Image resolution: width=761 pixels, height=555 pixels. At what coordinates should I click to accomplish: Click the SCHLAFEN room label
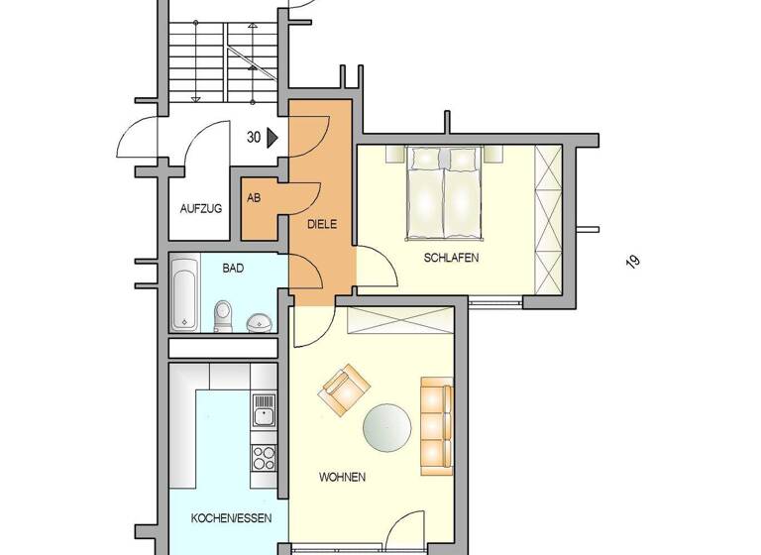click(x=452, y=258)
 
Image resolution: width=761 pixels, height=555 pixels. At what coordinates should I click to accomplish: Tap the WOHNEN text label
click(x=342, y=477)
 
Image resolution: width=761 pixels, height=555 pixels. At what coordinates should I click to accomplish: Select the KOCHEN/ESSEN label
click(x=225, y=518)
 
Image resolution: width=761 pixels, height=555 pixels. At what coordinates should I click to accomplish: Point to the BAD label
click(x=233, y=268)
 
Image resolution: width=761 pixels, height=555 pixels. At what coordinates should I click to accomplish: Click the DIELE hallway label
click(x=322, y=225)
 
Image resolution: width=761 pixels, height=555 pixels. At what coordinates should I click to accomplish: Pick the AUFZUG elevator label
click(x=200, y=208)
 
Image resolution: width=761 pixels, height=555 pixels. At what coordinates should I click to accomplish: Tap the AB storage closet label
click(x=254, y=197)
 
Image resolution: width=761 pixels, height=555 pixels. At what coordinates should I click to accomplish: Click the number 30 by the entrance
click(x=254, y=139)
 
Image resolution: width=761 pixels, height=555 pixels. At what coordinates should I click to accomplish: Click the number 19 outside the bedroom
click(x=631, y=262)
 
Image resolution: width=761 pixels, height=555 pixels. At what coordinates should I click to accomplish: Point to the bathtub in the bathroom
click(x=184, y=294)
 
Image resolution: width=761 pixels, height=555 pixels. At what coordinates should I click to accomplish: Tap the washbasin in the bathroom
click(x=261, y=322)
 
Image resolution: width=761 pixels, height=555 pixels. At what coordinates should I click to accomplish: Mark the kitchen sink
click(x=264, y=410)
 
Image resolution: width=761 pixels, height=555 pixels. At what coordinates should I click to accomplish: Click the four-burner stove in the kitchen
click(x=264, y=457)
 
